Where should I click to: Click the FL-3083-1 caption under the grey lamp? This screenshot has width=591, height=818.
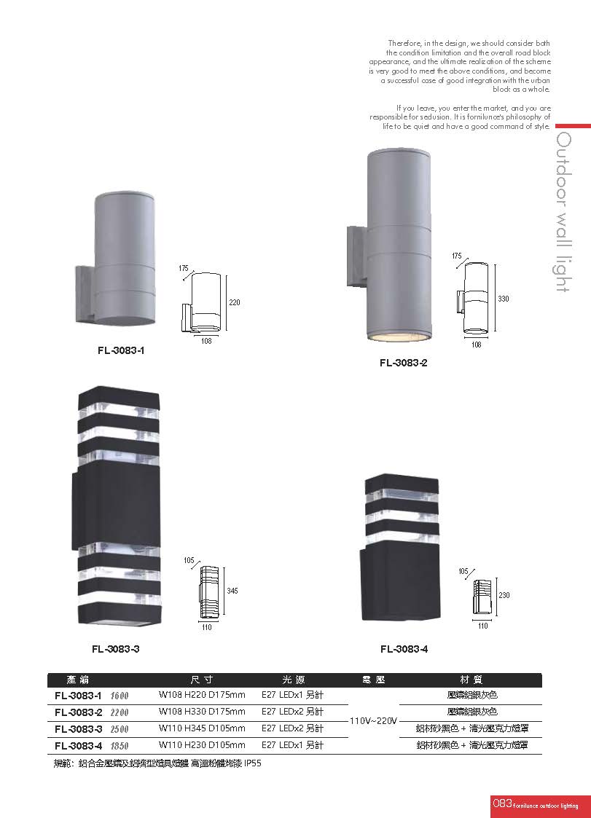coord(120,350)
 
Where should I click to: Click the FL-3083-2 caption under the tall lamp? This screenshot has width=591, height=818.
coord(403,363)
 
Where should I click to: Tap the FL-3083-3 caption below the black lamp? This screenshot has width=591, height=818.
coord(115,649)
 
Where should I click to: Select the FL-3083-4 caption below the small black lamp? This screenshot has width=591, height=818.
coord(404,649)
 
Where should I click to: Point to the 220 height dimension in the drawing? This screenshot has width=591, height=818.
coord(235,302)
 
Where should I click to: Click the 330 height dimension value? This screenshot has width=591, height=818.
coord(504,299)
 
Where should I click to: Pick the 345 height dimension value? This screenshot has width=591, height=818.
coord(232,591)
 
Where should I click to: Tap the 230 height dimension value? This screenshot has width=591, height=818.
coord(504,594)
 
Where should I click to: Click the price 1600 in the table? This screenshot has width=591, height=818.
coord(120,696)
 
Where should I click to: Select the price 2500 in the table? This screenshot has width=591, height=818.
coord(120,729)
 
